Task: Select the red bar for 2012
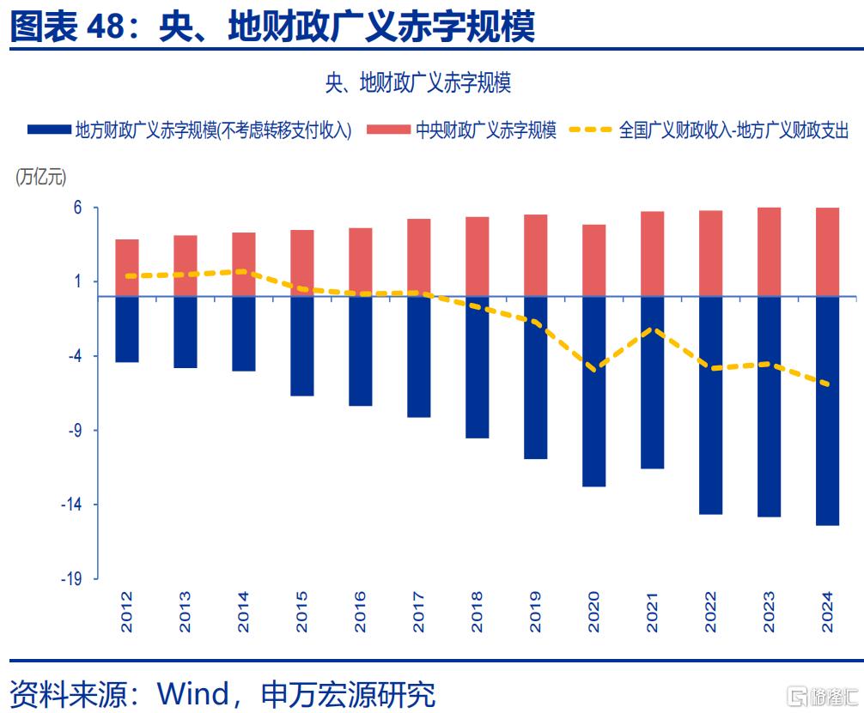coord(127,268)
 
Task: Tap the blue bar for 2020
coord(593,391)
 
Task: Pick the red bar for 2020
coord(593,260)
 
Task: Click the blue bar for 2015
coord(302,346)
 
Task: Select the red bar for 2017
coord(419,257)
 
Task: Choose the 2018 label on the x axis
coord(478,612)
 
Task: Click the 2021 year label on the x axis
coord(653,612)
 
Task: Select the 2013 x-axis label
coord(186,612)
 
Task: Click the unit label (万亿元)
coord(40,177)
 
